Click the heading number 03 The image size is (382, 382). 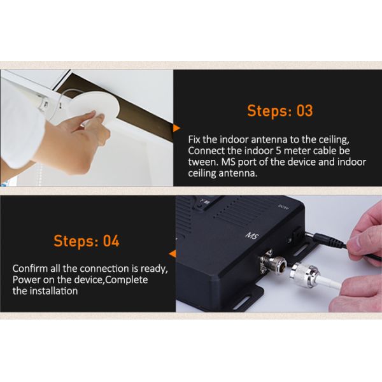coord(304,111)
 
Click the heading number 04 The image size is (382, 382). coord(111,241)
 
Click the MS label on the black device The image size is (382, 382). coord(252,236)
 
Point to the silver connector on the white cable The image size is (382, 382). coord(305,274)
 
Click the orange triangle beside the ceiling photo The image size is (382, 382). coord(176,129)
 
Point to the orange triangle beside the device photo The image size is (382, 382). coord(173,253)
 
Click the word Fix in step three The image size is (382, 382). coord(194,140)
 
